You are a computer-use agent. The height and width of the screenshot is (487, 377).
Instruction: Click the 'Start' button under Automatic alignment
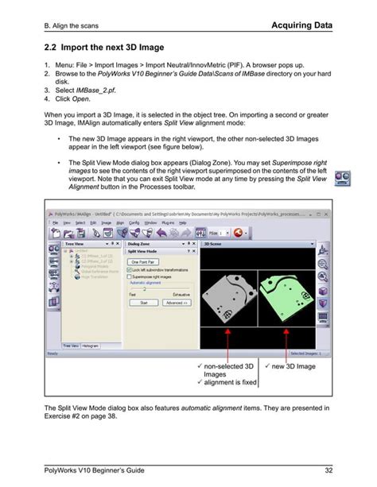[144, 302]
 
